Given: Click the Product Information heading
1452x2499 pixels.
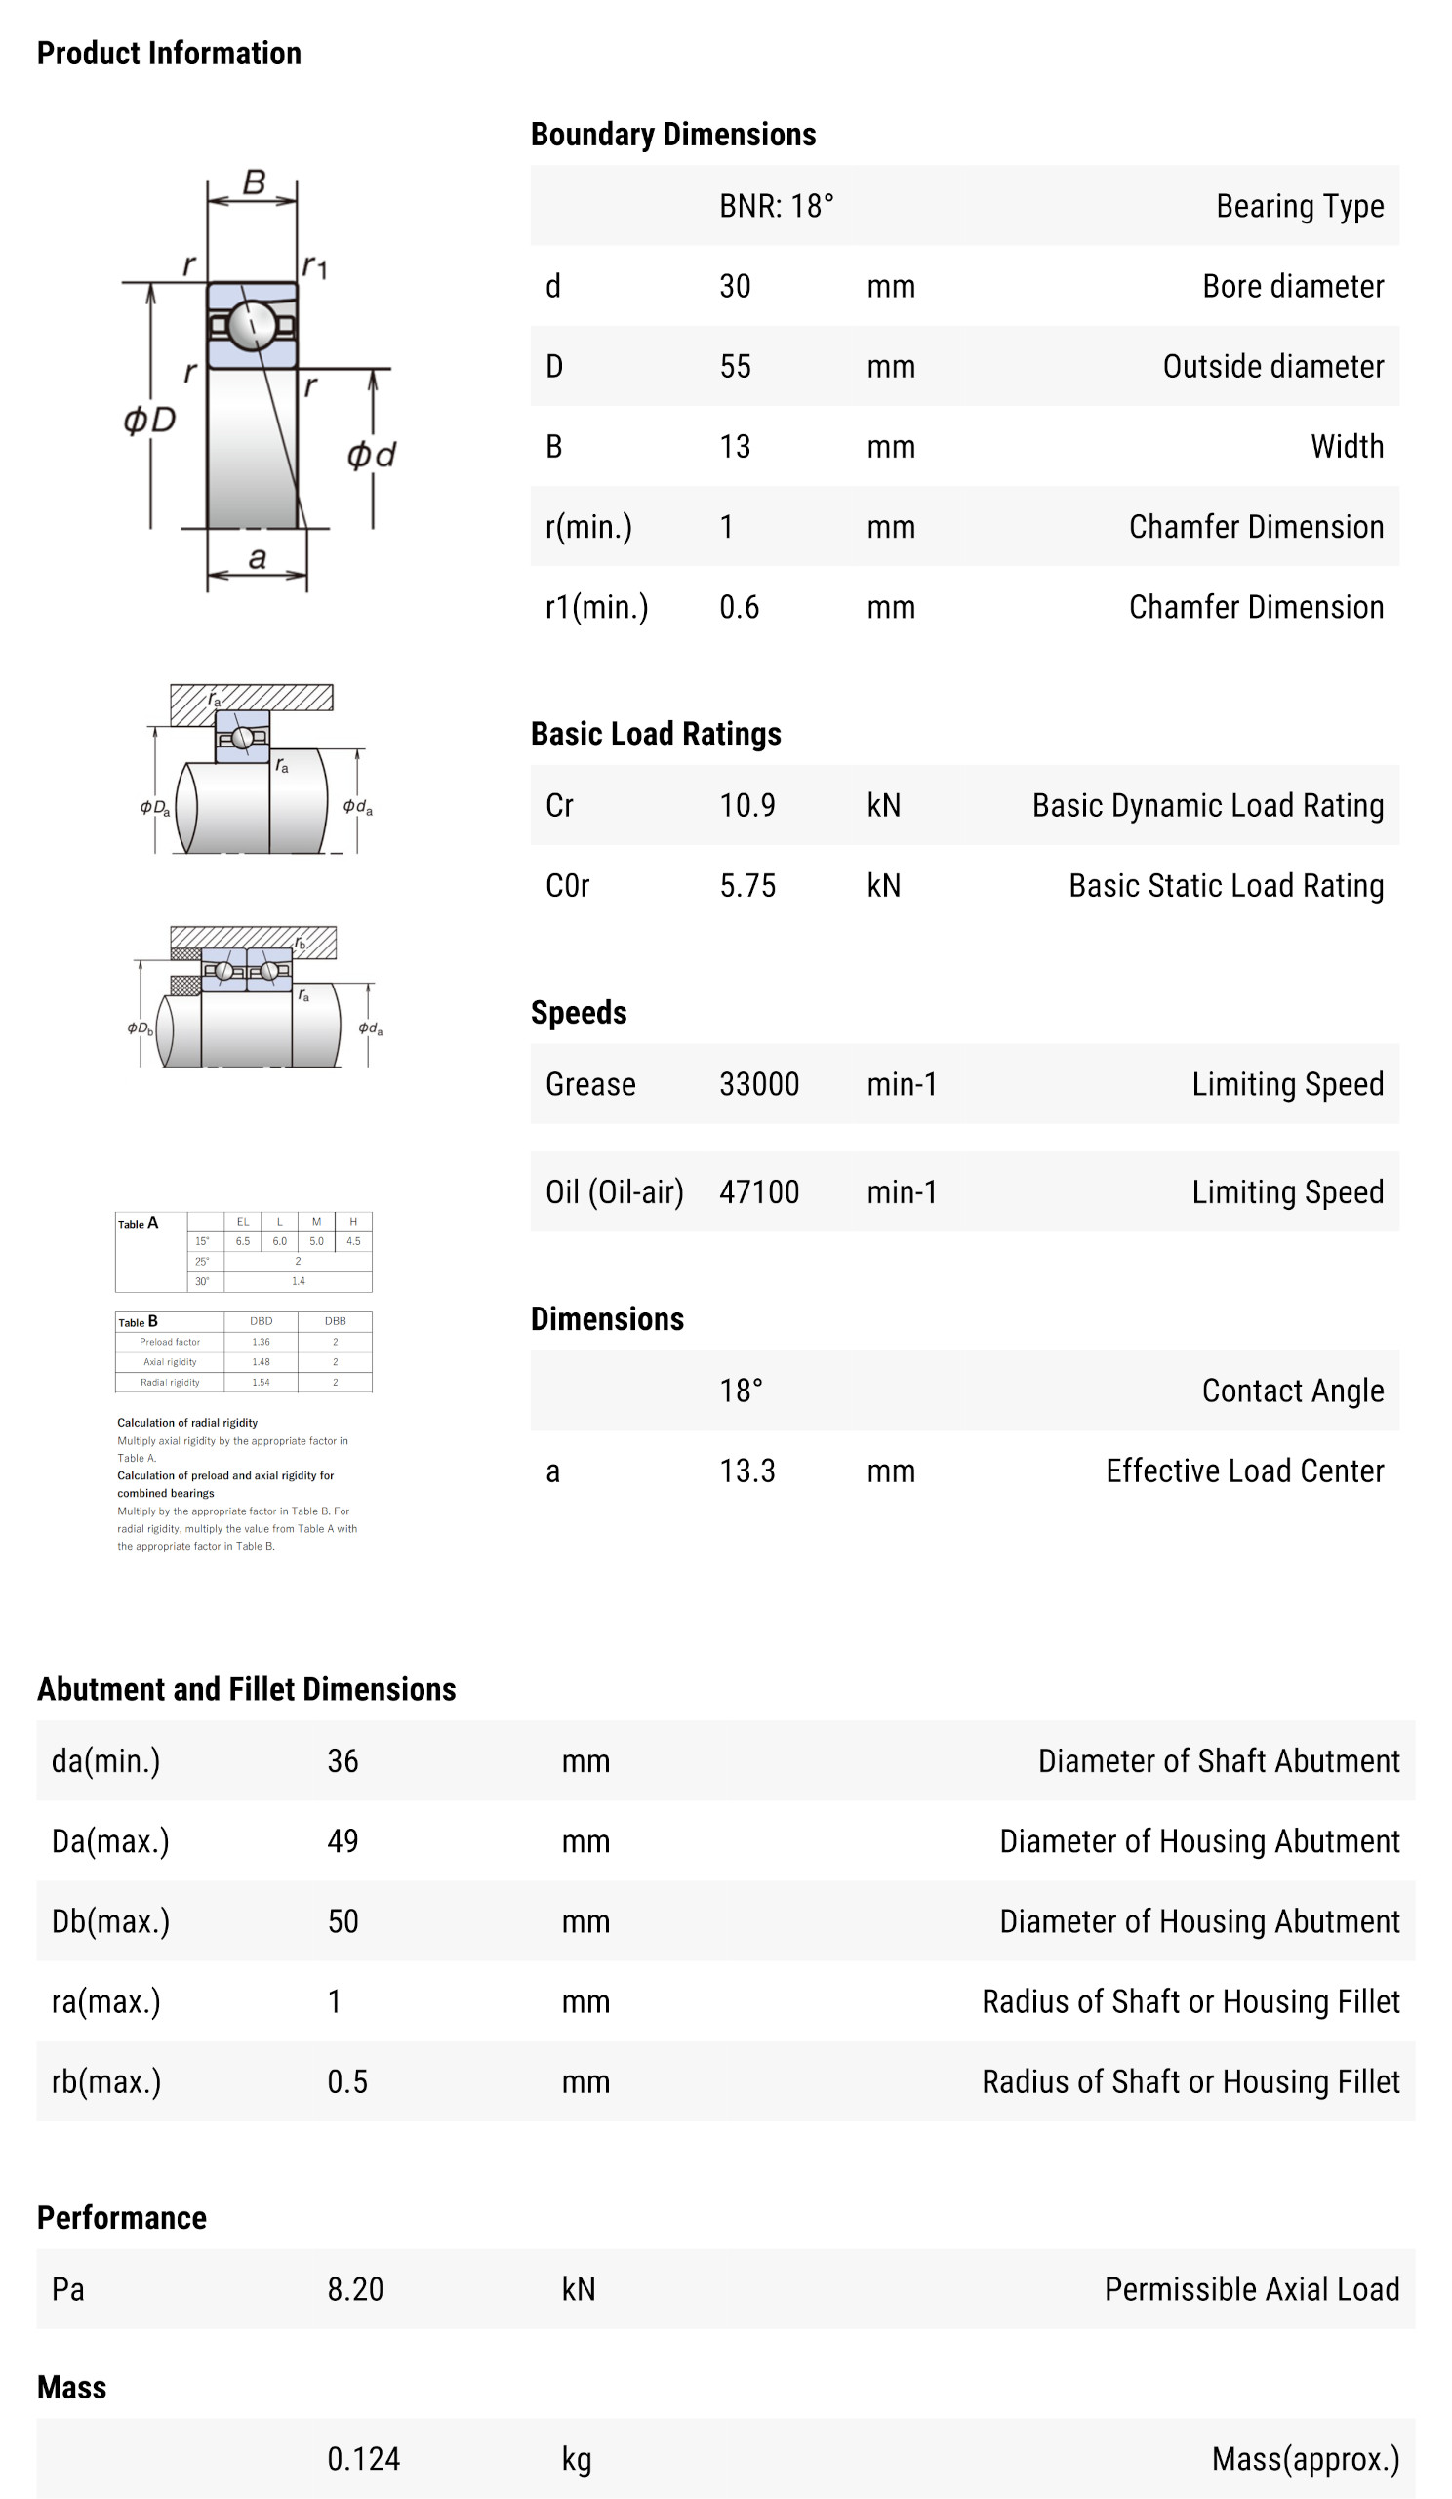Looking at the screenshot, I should click(169, 53).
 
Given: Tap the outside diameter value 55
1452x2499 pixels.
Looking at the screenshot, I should click(735, 366).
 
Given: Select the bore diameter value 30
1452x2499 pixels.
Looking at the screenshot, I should click(735, 286).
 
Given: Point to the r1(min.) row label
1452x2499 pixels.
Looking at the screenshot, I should click(596, 607).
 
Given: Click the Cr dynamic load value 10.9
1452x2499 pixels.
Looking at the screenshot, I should click(746, 805).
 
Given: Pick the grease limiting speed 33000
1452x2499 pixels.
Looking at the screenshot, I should click(759, 1084).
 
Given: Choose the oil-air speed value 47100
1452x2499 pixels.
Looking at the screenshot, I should click(759, 1191).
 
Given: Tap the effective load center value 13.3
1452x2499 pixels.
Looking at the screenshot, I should click(746, 1471).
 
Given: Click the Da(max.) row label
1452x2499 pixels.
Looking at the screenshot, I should click(110, 1841).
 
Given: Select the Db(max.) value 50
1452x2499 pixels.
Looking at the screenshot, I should click(343, 1922).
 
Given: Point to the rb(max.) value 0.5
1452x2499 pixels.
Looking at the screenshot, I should click(347, 2081).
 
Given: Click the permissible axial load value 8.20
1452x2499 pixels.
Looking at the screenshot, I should click(355, 2289).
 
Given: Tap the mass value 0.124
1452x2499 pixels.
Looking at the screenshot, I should click(363, 2458).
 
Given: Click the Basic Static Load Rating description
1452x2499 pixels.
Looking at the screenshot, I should click(1226, 886).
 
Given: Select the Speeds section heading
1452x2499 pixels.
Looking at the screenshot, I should click(579, 1013).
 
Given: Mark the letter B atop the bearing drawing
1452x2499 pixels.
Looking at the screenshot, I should click(254, 181).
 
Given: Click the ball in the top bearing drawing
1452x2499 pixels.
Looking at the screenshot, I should click(252, 324).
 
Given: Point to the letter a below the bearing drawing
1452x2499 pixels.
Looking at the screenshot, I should click(257, 559).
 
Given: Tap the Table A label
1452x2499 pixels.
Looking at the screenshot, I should click(138, 1224).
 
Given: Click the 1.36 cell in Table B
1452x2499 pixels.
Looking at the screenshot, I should click(261, 1342).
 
